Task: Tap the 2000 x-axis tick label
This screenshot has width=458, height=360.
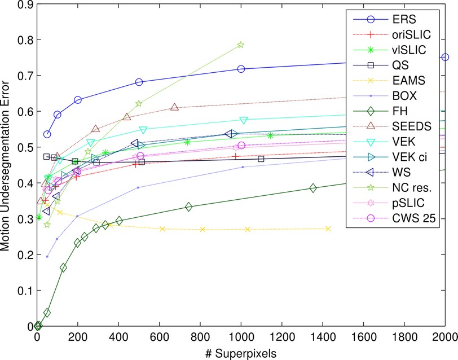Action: point(444,338)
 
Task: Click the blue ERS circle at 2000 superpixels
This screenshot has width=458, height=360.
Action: point(445,57)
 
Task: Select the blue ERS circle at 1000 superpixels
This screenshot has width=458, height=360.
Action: point(241,69)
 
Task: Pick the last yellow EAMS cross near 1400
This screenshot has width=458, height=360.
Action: point(328,229)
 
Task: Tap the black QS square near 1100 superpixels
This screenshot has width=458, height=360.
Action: point(261,159)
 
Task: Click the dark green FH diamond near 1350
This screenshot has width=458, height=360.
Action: point(313,188)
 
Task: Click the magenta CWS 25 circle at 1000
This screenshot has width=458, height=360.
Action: point(241,146)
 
